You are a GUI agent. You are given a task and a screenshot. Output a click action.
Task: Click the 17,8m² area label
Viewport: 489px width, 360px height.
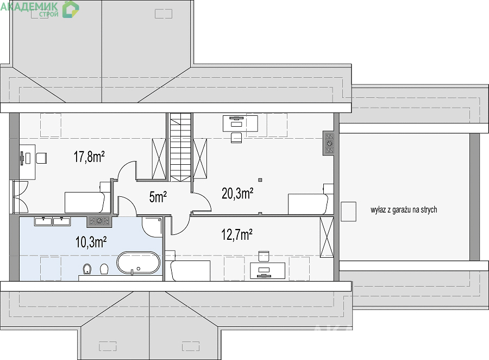point(89,157)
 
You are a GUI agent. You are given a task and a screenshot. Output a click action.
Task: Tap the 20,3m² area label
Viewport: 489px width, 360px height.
point(237,193)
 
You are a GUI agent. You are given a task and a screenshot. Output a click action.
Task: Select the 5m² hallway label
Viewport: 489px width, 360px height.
point(158,197)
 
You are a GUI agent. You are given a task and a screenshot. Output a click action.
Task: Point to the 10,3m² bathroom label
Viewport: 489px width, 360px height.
point(91,242)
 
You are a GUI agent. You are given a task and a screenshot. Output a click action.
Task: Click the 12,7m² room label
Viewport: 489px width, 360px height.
point(237,234)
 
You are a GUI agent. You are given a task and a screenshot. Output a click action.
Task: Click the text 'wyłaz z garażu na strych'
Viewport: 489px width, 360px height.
point(404,210)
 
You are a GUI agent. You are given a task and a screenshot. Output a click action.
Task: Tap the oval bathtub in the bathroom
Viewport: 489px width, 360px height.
point(139,263)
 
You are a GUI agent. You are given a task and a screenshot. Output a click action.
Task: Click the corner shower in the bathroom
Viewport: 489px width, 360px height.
point(152,227)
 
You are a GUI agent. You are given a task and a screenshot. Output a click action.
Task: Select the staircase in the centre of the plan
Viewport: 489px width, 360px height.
point(180,147)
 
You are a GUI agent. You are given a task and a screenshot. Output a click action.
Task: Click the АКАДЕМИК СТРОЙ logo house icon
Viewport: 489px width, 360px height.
point(71,9)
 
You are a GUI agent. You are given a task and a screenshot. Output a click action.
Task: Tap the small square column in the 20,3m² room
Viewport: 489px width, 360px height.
point(260,180)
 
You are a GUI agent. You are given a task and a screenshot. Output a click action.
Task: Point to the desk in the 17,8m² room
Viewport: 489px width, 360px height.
point(28,162)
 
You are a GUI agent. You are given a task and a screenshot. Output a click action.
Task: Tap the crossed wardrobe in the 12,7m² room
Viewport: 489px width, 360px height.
point(327,237)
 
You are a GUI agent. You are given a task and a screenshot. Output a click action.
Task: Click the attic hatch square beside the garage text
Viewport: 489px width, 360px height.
point(348,212)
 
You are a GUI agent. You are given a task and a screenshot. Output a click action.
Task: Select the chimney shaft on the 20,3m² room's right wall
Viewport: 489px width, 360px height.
point(329,143)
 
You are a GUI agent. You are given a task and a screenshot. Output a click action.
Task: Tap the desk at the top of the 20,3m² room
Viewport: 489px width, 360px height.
point(240,123)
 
